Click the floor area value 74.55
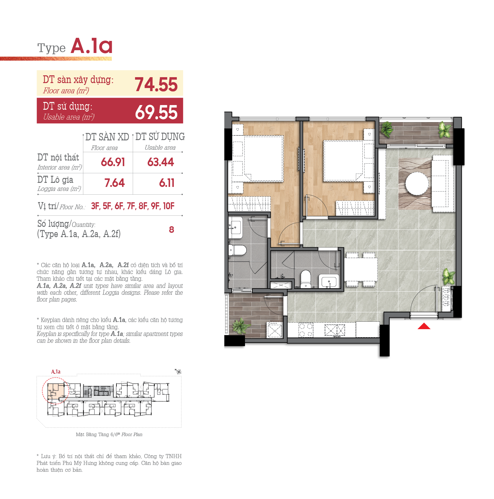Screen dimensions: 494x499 pyautogui.click(x=156, y=85)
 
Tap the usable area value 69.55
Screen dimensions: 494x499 pyautogui.click(x=156, y=112)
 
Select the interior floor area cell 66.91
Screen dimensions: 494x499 pyautogui.click(x=113, y=162)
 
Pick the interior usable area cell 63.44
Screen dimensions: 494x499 pyautogui.click(x=160, y=162)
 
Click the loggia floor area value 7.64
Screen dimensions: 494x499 pyautogui.click(x=115, y=183)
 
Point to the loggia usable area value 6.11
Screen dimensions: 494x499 pyautogui.click(x=167, y=183)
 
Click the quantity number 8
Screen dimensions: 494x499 pyautogui.click(x=172, y=230)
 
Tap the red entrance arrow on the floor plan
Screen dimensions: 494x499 pyautogui.click(x=424, y=326)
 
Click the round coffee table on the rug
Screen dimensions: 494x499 pyautogui.click(x=417, y=183)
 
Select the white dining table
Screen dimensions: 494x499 pyautogui.click(x=361, y=269)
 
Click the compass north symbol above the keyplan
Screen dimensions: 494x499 pyautogui.click(x=178, y=371)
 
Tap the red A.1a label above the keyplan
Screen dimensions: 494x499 pyautogui.click(x=56, y=372)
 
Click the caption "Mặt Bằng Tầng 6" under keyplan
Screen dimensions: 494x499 pyautogui.click(x=94, y=435)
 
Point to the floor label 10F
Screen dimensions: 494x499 pyautogui.click(x=169, y=206)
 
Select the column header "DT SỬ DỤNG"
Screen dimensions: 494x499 pyautogui.click(x=160, y=137)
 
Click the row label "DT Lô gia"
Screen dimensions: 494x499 pyautogui.click(x=55, y=180)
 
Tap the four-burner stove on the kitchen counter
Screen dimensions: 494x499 pyautogui.click(x=306, y=330)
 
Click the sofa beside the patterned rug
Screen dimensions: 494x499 pyautogui.click(x=443, y=183)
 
